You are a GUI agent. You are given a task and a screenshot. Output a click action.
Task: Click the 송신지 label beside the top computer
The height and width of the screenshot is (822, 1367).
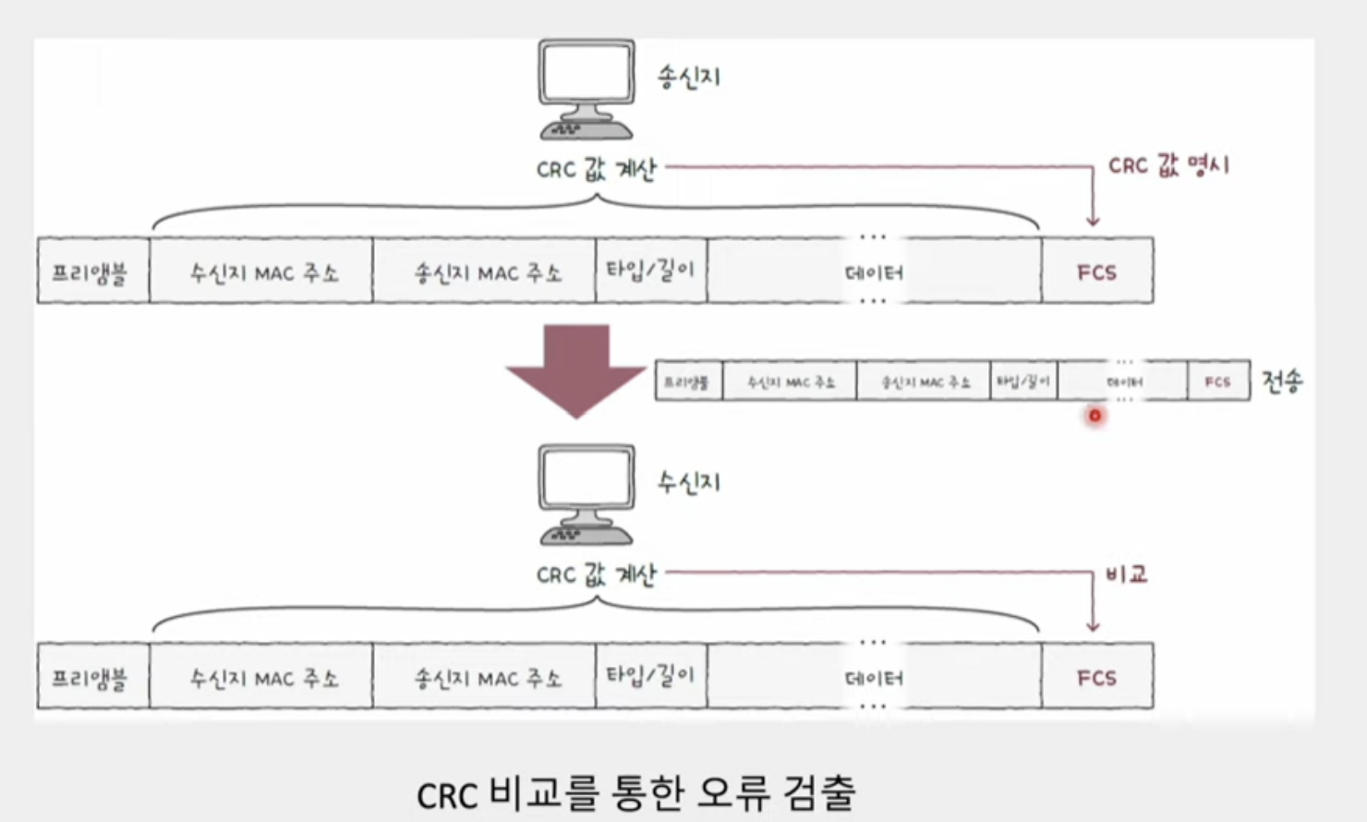click(689, 77)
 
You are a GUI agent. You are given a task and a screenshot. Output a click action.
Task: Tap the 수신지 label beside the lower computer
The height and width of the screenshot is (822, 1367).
click(689, 482)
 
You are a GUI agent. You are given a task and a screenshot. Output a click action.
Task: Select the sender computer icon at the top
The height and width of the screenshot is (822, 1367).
click(587, 90)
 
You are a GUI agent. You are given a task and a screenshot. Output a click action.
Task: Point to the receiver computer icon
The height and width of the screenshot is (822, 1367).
click(587, 495)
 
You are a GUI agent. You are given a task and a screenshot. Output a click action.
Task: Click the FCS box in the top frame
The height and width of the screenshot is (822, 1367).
click(1097, 272)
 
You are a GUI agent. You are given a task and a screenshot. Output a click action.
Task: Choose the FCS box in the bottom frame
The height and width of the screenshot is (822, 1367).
click(1097, 677)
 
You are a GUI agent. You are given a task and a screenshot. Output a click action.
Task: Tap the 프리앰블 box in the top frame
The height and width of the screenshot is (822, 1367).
click(92, 272)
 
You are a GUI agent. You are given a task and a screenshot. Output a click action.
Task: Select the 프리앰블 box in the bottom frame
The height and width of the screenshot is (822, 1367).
click(92, 677)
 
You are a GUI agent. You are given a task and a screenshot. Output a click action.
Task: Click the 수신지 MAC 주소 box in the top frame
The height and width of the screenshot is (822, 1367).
click(261, 272)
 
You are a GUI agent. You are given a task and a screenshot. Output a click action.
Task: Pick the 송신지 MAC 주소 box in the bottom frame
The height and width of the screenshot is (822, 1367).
click(485, 677)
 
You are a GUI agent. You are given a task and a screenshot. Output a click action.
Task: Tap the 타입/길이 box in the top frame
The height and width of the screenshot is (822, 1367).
click(651, 271)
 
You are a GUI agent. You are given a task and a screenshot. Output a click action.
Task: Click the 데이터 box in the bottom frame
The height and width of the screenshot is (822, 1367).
click(874, 677)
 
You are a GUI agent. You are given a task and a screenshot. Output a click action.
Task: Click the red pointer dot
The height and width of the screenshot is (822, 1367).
click(1095, 416)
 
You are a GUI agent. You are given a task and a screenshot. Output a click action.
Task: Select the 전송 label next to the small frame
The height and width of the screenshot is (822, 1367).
click(1282, 381)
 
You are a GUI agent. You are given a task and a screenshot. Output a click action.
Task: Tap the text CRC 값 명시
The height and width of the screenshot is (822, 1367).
click(1169, 166)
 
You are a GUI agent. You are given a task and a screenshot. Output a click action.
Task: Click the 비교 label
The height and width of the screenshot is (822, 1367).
click(1127, 574)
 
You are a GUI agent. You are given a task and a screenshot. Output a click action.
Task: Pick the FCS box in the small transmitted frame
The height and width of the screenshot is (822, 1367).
click(1217, 381)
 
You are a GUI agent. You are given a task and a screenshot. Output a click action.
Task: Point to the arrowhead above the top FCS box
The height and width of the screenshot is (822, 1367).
click(1093, 222)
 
